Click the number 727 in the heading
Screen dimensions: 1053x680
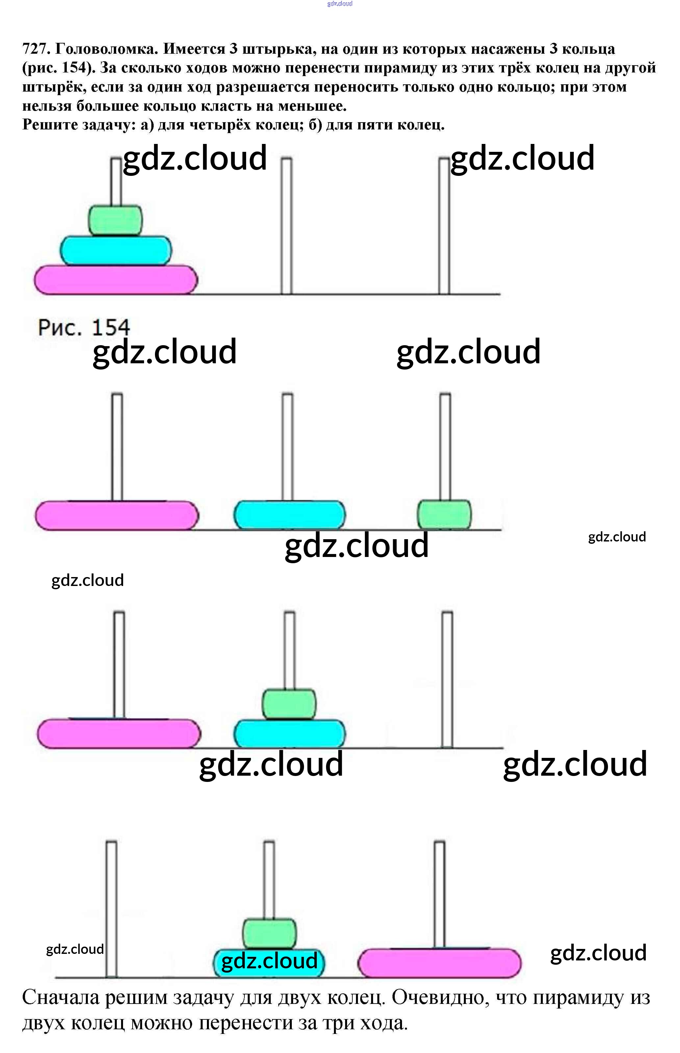(x=35, y=49)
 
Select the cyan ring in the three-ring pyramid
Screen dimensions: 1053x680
(x=116, y=251)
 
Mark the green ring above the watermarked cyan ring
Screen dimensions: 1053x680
(x=269, y=934)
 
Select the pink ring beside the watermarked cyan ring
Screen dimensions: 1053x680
(x=439, y=963)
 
